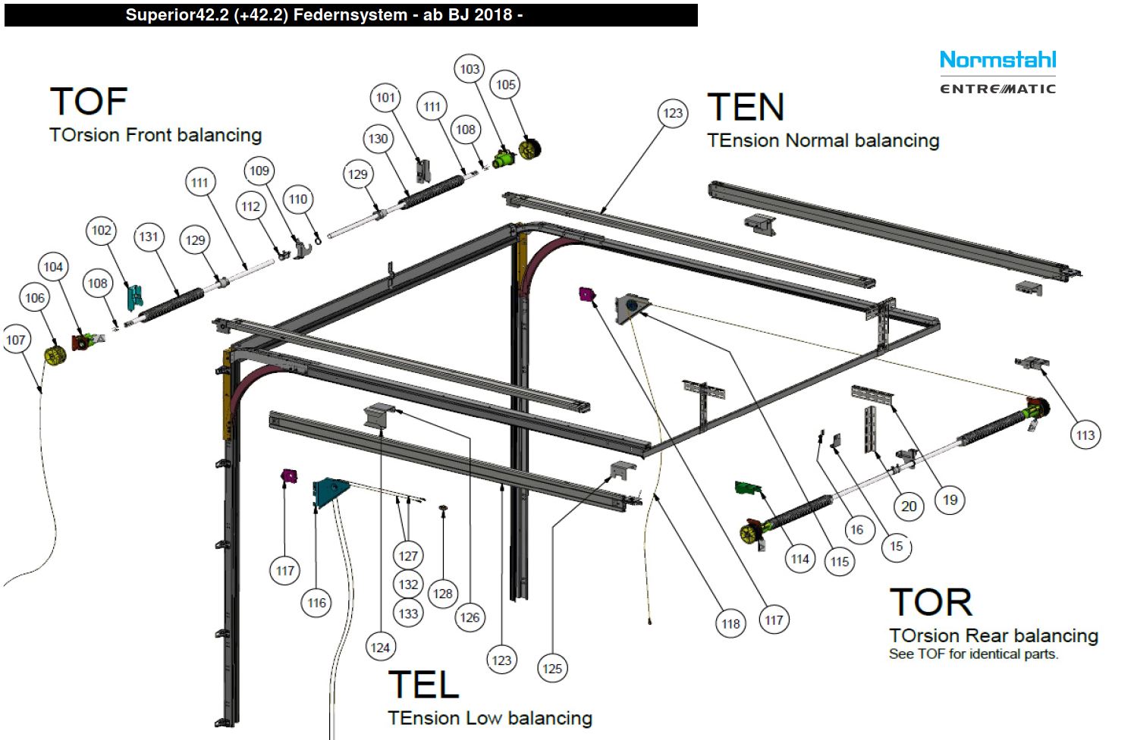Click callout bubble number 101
pos(385,98)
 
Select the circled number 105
pos(506,85)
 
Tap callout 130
pos(378,139)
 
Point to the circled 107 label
pos(16,340)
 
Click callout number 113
pos(1085,435)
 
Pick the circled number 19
pos(950,500)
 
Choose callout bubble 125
pos(552,669)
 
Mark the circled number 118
pos(730,624)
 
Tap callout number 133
pos(408,613)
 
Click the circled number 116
pos(316,604)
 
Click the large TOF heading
pos(89,102)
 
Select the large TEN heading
pos(746,107)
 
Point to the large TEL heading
pos(423,685)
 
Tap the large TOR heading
pos(931,603)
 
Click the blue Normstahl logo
pos(997,60)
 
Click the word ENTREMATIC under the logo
pos(997,89)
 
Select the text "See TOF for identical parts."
pos(973,654)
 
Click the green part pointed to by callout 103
pos(503,159)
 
